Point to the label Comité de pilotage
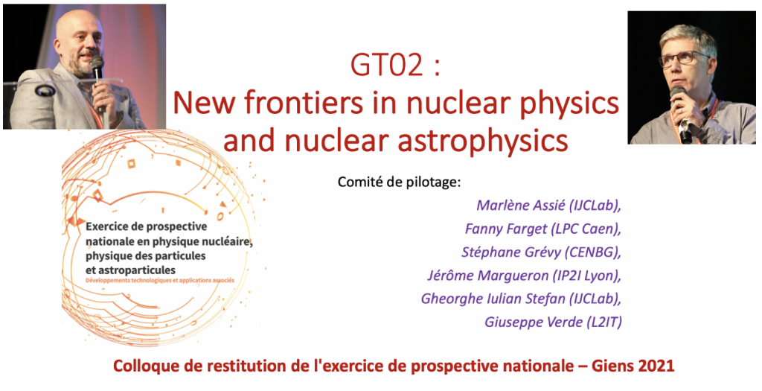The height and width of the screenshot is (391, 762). [399, 182]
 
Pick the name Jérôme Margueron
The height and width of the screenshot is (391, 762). [487, 276]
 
